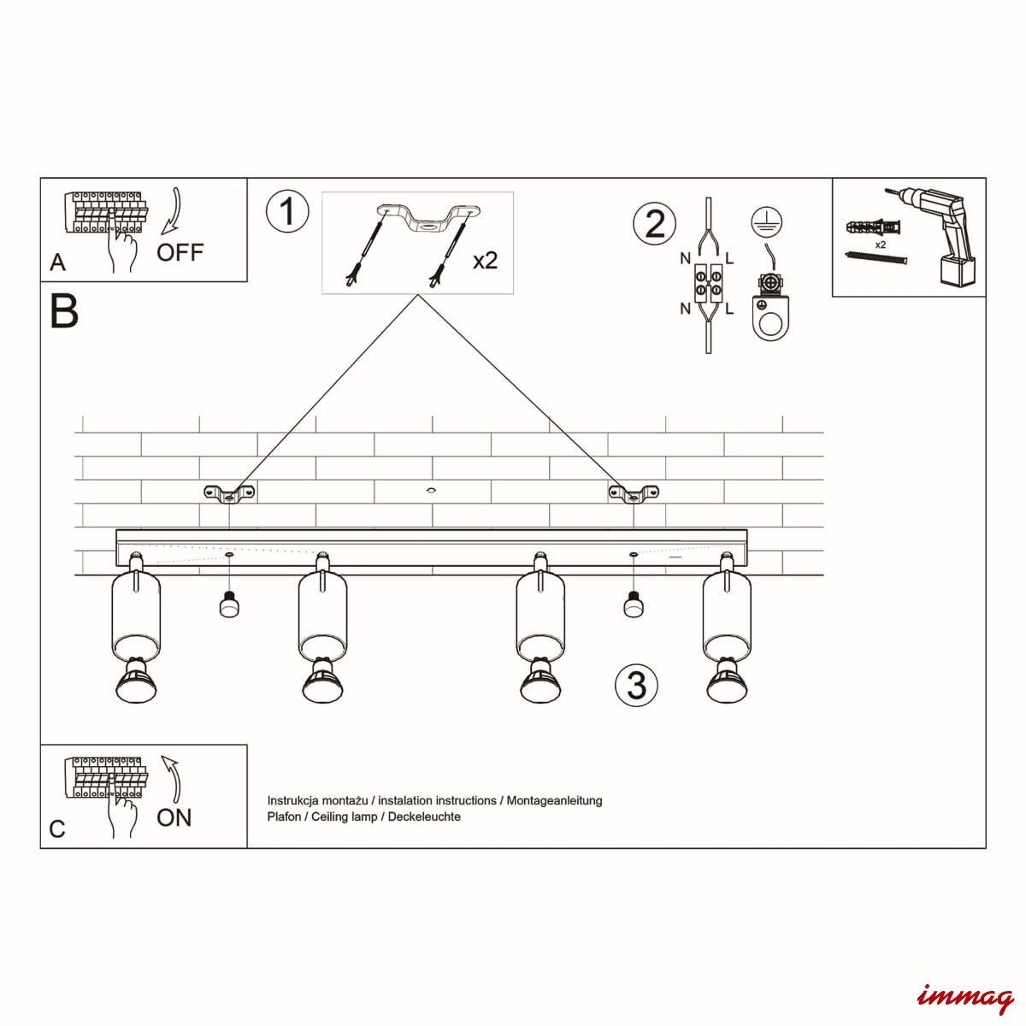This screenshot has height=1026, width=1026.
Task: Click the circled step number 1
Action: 287,211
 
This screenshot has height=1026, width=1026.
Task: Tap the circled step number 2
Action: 654,224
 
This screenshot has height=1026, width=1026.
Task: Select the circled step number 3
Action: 636,685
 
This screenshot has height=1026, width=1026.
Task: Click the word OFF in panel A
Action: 180,252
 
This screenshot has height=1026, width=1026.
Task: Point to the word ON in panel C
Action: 174,817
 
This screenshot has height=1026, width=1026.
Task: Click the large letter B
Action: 64,311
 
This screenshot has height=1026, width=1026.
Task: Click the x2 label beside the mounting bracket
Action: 485,261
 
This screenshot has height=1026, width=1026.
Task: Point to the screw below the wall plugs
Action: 876,260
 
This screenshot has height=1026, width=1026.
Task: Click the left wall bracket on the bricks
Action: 230,493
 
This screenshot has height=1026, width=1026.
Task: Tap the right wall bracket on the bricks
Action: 634,493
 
